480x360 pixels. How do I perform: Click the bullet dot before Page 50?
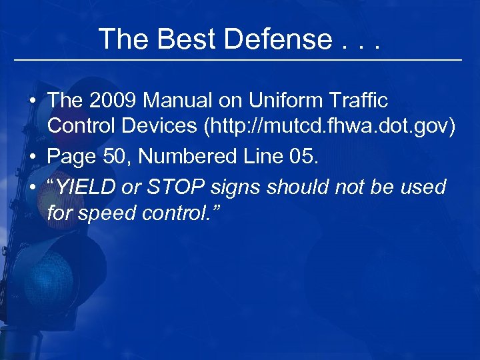click(x=32, y=158)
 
